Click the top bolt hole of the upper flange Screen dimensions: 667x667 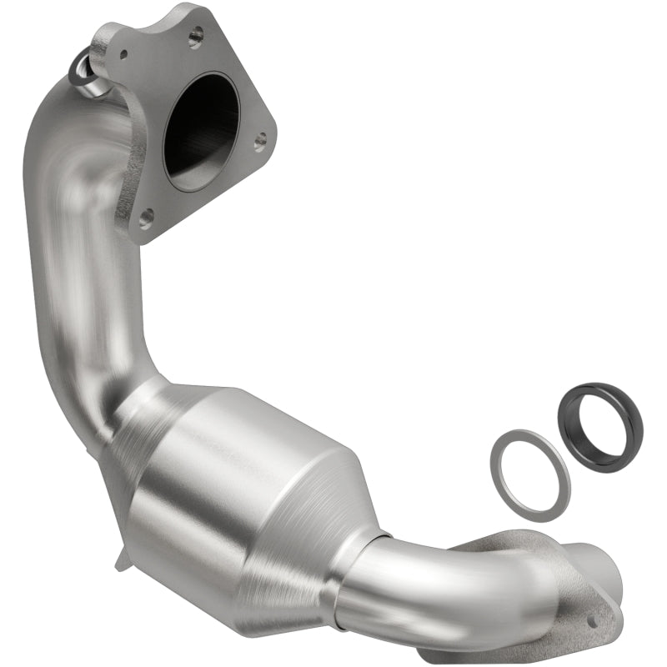click(197, 35)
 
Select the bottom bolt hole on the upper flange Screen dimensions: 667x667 click(146, 218)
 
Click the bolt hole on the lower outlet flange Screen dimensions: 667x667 click(593, 620)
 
